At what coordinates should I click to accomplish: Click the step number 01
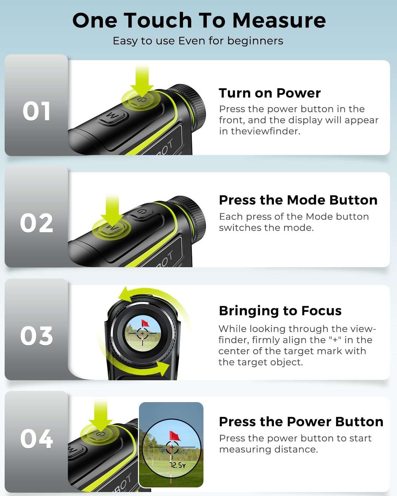36,111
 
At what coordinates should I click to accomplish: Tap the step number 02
36,223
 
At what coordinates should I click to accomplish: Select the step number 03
36,336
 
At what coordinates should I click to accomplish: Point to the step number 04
36,439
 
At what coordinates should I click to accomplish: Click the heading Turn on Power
270,93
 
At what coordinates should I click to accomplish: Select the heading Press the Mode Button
298,200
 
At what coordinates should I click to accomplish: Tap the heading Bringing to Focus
280,311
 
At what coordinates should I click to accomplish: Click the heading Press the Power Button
301,422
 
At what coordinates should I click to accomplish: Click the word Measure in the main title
279,21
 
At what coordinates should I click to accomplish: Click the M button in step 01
113,117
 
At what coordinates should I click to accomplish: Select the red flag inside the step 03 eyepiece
145,323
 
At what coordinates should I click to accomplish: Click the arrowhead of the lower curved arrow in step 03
164,368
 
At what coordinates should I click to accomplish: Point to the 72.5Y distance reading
178,466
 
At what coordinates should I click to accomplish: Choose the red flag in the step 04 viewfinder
175,436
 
